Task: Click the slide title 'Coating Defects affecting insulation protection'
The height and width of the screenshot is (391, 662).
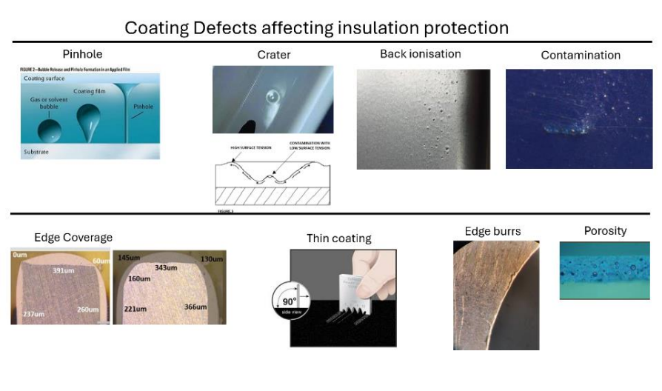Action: (316, 27)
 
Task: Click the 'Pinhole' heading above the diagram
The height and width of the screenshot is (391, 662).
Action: (82, 54)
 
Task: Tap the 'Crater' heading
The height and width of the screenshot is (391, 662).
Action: (274, 55)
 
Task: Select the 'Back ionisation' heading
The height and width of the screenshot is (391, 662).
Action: (420, 54)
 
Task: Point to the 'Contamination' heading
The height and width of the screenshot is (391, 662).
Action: (580, 56)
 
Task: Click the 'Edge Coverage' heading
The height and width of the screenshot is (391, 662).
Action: (73, 238)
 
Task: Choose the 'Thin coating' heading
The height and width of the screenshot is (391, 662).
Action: (338, 238)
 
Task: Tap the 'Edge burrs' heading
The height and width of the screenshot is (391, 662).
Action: (492, 232)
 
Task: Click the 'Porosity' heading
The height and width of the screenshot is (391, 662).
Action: (605, 231)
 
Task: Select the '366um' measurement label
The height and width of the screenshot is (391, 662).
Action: (195, 307)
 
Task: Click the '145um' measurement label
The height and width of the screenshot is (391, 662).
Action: (129, 257)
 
